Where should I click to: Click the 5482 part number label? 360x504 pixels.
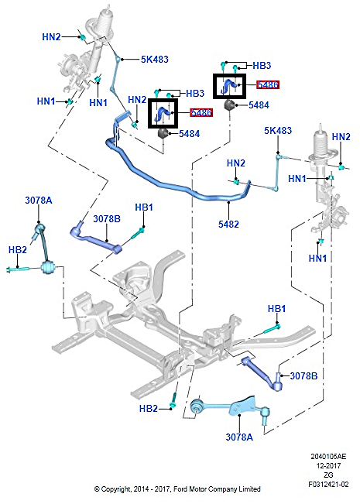[x=228, y=224]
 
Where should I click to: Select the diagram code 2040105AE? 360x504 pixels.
[x=328, y=456]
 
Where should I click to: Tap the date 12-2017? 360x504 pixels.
[x=328, y=465]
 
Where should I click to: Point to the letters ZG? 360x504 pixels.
[x=328, y=475]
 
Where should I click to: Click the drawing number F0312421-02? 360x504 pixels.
[x=328, y=484]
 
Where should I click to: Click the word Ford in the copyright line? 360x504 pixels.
[x=180, y=489]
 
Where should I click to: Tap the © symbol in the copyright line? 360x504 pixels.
[x=97, y=489]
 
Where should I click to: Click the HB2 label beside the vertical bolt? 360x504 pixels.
[x=149, y=408]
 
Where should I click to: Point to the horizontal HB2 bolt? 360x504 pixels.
[x=19, y=269]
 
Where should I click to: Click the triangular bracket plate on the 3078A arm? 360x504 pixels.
[x=243, y=406]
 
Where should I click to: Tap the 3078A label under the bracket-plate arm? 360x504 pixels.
[x=239, y=437]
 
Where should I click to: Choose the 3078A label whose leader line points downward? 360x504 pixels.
[x=39, y=201]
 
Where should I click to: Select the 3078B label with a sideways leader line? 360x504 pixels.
[x=303, y=375]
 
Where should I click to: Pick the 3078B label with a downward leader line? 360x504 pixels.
[x=107, y=219]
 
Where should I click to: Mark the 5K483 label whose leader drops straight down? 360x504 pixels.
[x=278, y=131]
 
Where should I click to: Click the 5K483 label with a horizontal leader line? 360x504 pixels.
[x=155, y=59]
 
